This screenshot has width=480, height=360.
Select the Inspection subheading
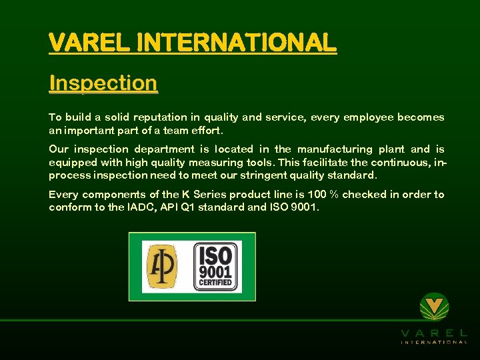pos(103,83)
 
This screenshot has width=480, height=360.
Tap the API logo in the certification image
pos(162,267)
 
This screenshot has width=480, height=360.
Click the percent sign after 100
pos(335,195)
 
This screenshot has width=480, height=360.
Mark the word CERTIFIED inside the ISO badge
pos(215,282)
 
